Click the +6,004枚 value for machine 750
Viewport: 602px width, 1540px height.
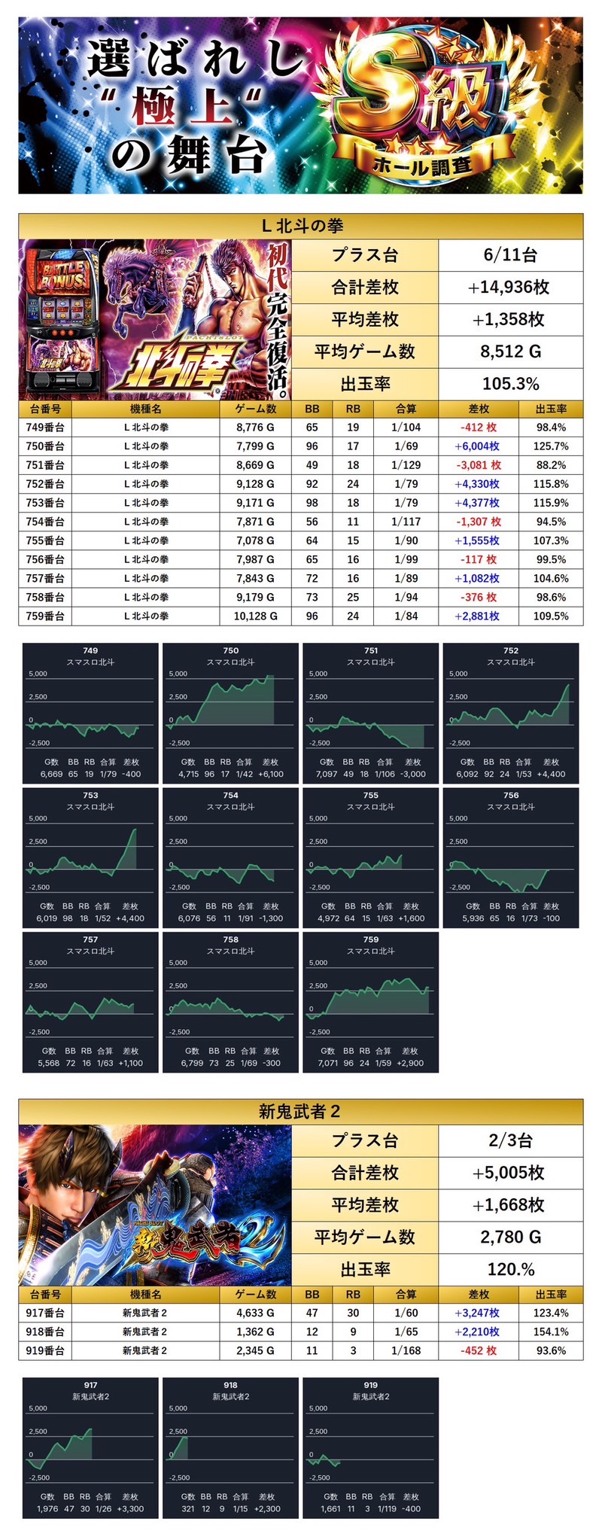[478, 446]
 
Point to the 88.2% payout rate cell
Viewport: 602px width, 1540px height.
[551, 465]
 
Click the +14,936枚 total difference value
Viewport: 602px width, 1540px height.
[510, 287]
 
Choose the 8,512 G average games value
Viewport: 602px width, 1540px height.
[510, 352]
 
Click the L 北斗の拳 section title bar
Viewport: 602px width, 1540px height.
[301, 226]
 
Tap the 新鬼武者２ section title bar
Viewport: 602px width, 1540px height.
[301, 1111]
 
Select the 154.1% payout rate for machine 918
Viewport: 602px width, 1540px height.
[551, 1332]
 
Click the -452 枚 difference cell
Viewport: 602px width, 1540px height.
[478, 1350]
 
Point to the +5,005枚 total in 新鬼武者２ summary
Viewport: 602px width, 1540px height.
[510, 1173]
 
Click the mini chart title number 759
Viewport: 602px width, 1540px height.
[370, 939]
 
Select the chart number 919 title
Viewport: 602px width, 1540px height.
[370, 1385]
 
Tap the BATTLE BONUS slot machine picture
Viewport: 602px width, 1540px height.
[62, 320]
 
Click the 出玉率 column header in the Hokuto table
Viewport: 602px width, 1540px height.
[551, 409]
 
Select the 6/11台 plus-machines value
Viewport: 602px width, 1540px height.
[510, 255]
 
